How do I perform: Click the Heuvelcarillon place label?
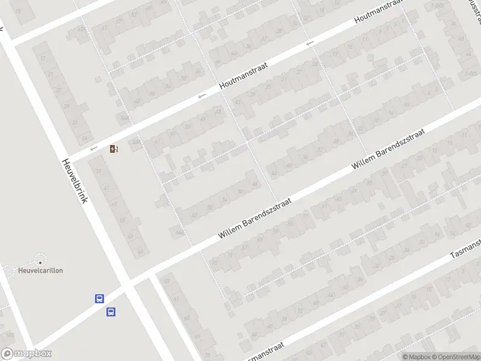[x=40, y=270]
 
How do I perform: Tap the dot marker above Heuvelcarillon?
[x=41, y=262]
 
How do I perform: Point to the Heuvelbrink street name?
[x=75, y=180]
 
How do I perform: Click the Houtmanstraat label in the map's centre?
[x=244, y=77]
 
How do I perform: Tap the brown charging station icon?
[x=114, y=149]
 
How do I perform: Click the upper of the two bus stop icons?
[x=99, y=298]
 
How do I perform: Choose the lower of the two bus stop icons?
[x=111, y=312]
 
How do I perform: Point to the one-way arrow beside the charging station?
[x=93, y=149]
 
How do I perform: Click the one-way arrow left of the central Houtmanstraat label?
[x=202, y=96]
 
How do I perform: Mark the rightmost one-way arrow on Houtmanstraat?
[x=310, y=43]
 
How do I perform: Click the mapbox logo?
[x=26, y=354]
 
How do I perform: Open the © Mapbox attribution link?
[x=416, y=357]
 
